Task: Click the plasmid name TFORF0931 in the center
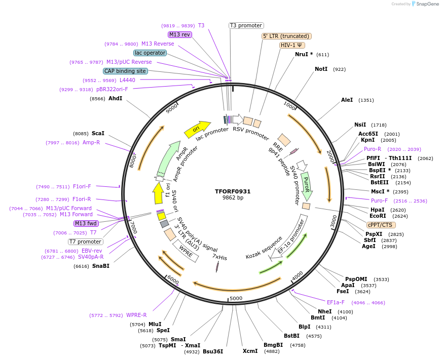click(x=233, y=191)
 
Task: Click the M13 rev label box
click(x=180, y=34)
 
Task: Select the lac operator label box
click(x=150, y=53)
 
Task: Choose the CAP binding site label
click(x=125, y=71)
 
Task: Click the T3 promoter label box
click(x=246, y=25)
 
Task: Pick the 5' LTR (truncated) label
click(x=286, y=36)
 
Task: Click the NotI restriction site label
click(x=321, y=69)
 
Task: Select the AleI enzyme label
click(x=347, y=100)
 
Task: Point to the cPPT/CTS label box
click(x=381, y=225)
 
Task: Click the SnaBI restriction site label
click(x=100, y=266)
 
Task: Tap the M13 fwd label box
click(x=87, y=223)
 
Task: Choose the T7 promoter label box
click(x=86, y=242)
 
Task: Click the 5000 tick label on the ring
click(x=236, y=298)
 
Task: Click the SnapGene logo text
click(x=426, y=4)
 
